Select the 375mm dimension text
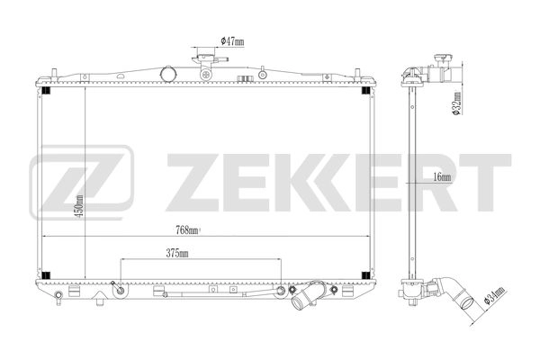pyautogui.click(x=177, y=255)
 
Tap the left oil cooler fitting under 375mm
pyautogui.click(x=119, y=288)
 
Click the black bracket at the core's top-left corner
pyautogui.click(x=47, y=87)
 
